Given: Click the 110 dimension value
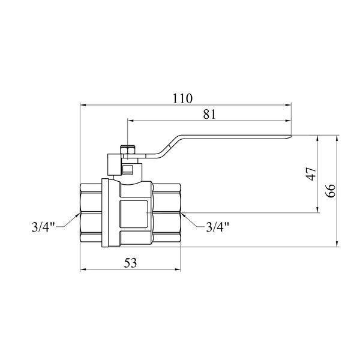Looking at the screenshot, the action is click(x=182, y=98).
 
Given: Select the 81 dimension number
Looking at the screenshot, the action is click(x=209, y=114).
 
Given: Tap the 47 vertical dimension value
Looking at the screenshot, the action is click(x=312, y=174).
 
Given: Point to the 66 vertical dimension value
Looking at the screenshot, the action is click(x=331, y=191).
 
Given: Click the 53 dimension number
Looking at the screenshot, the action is click(x=130, y=263).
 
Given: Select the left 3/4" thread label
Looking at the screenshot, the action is click(x=43, y=227).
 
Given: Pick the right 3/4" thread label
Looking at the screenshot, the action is click(x=218, y=227).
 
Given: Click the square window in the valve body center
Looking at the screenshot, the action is click(x=134, y=214).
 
